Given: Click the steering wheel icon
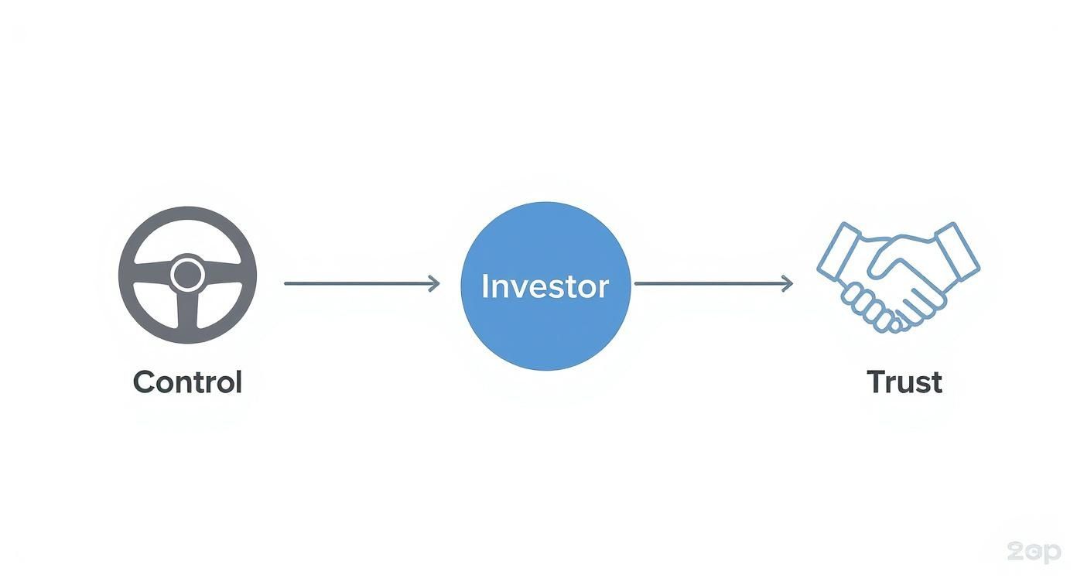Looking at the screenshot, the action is [x=187, y=275].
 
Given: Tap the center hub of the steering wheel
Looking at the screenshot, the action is [x=187, y=275].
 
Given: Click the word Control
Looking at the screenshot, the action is [x=187, y=382].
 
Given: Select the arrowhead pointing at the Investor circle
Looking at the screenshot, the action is [x=435, y=284].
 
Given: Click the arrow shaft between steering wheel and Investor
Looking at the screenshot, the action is [x=361, y=284].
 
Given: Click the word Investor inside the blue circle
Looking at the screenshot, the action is [x=545, y=286].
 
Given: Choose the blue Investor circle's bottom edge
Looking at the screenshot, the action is [x=545, y=369].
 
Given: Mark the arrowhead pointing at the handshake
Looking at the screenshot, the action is [x=787, y=284].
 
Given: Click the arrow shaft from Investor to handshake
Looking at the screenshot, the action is [x=713, y=284].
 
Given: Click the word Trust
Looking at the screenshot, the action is [x=904, y=382].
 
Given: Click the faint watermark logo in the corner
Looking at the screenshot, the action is [x=1034, y=552].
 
